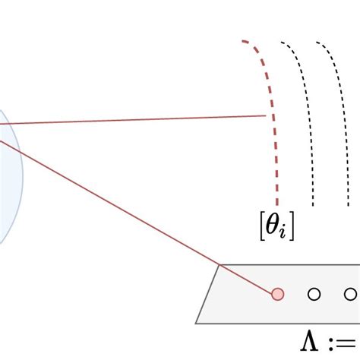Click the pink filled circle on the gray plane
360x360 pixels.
click(x=277, y=294)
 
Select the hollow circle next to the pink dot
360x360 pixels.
click(x=314, y=294)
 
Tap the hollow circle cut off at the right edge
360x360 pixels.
click(x=351, y=294)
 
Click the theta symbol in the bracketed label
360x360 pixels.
click(x=272, y=226)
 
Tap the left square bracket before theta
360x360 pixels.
click(x=262, y=226)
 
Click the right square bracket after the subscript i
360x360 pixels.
click(x=292, y=226)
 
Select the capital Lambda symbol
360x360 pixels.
click(x=309, y=342)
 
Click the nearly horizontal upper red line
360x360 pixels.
click(x=133, y=120)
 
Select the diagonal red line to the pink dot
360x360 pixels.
click(x=137, y=216)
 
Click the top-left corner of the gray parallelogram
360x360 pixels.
click(x=219, y=265)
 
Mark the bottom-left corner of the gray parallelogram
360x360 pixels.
click(x=196, y=324)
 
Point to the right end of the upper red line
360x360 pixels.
click(x=266, y=115)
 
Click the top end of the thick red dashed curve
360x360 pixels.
click(x=242, y=41)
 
